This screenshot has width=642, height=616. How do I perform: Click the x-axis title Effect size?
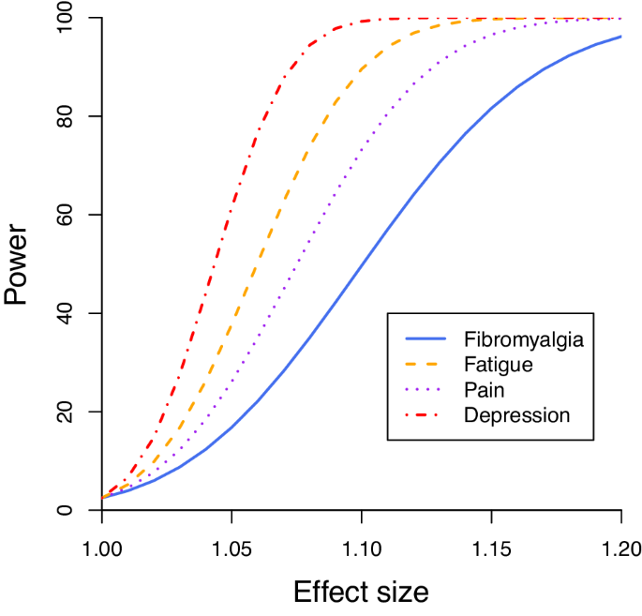click(x=361, y=593)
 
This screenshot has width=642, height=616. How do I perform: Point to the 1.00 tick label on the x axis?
click(x=101, y=545)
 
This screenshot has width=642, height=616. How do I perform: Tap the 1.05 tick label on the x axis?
click(x=231, y=545)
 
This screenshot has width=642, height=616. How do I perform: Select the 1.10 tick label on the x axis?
click(x=361, y=545)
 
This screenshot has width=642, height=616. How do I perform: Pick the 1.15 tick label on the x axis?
click(x=491, y=545)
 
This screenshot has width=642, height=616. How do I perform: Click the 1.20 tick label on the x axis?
click(x=620, y=545)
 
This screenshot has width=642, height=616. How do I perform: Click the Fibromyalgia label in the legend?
click(x=523, y=338)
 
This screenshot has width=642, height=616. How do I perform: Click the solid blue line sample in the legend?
click(x=427, y=338)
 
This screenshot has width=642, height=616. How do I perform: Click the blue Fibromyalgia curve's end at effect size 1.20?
click(x=620, y=37)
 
